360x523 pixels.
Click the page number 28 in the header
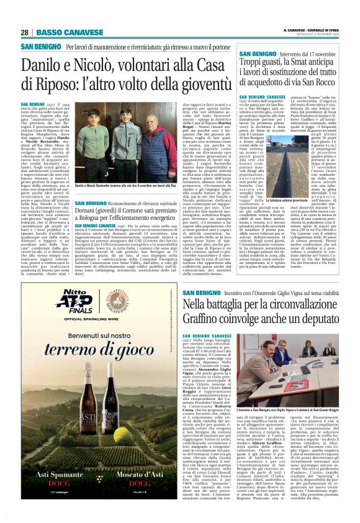pyautogui.click(x=25, y=32)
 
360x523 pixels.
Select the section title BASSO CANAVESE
pyautogui.click(x=62, y=32)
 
